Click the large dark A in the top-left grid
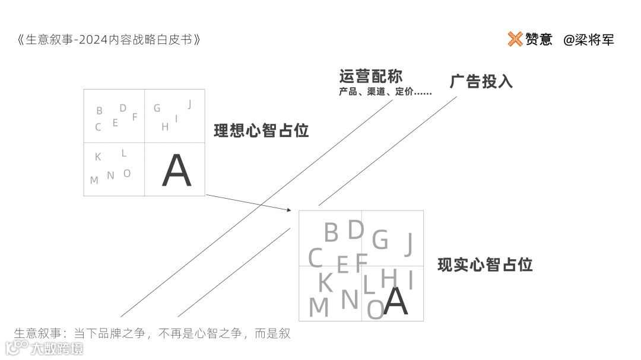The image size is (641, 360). pyautogui.click(x=177, y=172)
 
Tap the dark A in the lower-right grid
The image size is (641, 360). pyautogui.click(x=396, y=301)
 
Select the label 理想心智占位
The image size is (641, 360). pyautogui.click(x=261, y=131)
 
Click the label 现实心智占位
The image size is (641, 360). pyautogui.click(x=485, y=265)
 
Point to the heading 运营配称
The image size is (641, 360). pyautogui.click(x=371, y=77)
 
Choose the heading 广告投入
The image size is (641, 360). pyautogui.click(x=481, y=81)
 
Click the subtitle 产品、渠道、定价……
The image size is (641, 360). pyautogui.click(x=385, y=93)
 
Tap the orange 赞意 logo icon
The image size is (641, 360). pyautogui.click(x=515, y=39)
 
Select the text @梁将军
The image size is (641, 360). pyautogui.click(x=589, y=40)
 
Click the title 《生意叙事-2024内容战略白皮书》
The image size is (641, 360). pyautogui.click(x=109, y=40)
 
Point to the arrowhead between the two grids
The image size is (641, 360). pyautogui.click(x=289, y=209)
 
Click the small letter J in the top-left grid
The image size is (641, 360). pyautogui.click(x=189, y=104)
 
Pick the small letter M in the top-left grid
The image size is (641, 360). pyautogui.click(x=94, y=180)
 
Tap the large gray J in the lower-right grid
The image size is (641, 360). pyautogui.click(x=408, y=244)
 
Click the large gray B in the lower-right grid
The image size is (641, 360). pyautogui.click(x=331, y=232)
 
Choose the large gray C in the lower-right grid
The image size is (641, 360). pyautogui.click(x=315, y=259)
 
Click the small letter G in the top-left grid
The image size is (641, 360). pyautogui.click(x=157, y=108)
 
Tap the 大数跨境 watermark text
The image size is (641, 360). pyautogui.click(x=58, y=348)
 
